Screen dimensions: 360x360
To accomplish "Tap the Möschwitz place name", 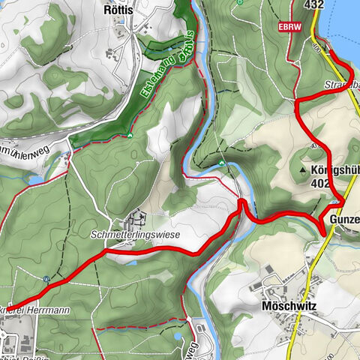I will tap(289, 307).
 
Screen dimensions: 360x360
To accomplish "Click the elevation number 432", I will tap(314, 4).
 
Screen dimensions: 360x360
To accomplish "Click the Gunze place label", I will tap(343, 220).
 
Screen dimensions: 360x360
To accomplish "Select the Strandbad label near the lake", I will tap(342, 85).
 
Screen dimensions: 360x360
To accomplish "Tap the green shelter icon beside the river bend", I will tap(222, 163).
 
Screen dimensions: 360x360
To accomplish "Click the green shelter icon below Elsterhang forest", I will tap(130, 136).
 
